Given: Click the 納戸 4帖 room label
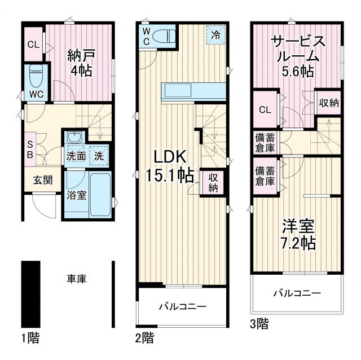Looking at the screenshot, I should tap(80, 63).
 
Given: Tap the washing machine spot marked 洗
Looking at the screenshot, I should tap(98, 155).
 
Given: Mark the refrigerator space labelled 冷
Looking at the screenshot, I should tap(217, 35).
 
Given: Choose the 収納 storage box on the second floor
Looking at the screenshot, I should tap(213, 183).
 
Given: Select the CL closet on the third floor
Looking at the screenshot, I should tap(265, 109).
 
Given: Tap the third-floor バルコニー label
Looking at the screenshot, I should tap(297, 293).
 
